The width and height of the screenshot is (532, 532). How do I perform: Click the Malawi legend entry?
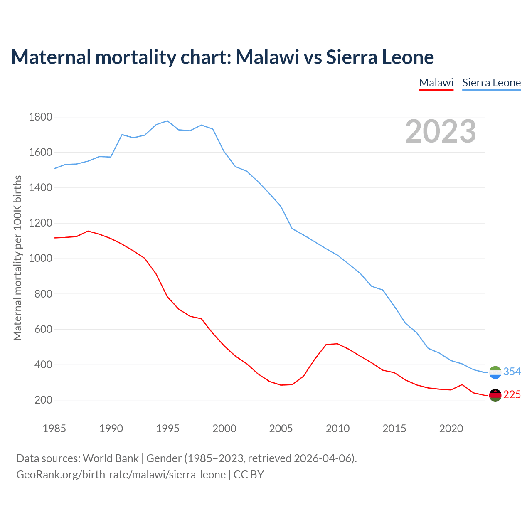[x=436, y=83]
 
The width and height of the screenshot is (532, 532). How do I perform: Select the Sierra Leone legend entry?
[x=491, y=83]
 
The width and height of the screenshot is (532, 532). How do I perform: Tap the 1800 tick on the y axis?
[x=40, y=117]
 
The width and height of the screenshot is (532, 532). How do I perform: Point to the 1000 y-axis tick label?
[x=40, y=259]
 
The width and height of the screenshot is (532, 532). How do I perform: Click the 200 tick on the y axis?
[x=43, y=400]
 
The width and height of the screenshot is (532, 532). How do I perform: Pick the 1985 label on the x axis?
[x=54, y=429]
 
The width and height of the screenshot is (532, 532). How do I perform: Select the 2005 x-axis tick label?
[x=281, y=429]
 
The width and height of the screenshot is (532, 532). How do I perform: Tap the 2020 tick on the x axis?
[x=451, y=429]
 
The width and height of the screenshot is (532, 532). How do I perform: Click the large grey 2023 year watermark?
[x=441, y=131]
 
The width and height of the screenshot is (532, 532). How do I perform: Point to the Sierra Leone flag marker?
[x=495, y=372]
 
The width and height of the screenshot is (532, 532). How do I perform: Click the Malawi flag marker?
[x=495, y=395]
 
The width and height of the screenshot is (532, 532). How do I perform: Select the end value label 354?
[x=512, y=372]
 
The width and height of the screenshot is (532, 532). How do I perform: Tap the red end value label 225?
[x=512, y=394]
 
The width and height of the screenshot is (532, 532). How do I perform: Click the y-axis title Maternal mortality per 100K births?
[x=17, y=258]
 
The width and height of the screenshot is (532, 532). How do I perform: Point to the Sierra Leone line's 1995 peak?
[x=167, y=121]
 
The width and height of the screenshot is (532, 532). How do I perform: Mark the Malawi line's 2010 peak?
[x=337, y=344]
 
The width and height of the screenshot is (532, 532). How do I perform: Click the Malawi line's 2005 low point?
[x=281, y=385]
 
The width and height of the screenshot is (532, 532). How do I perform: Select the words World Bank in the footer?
[x=111, y=458]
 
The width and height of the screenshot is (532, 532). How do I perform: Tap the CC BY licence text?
[x=249, y=475]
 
